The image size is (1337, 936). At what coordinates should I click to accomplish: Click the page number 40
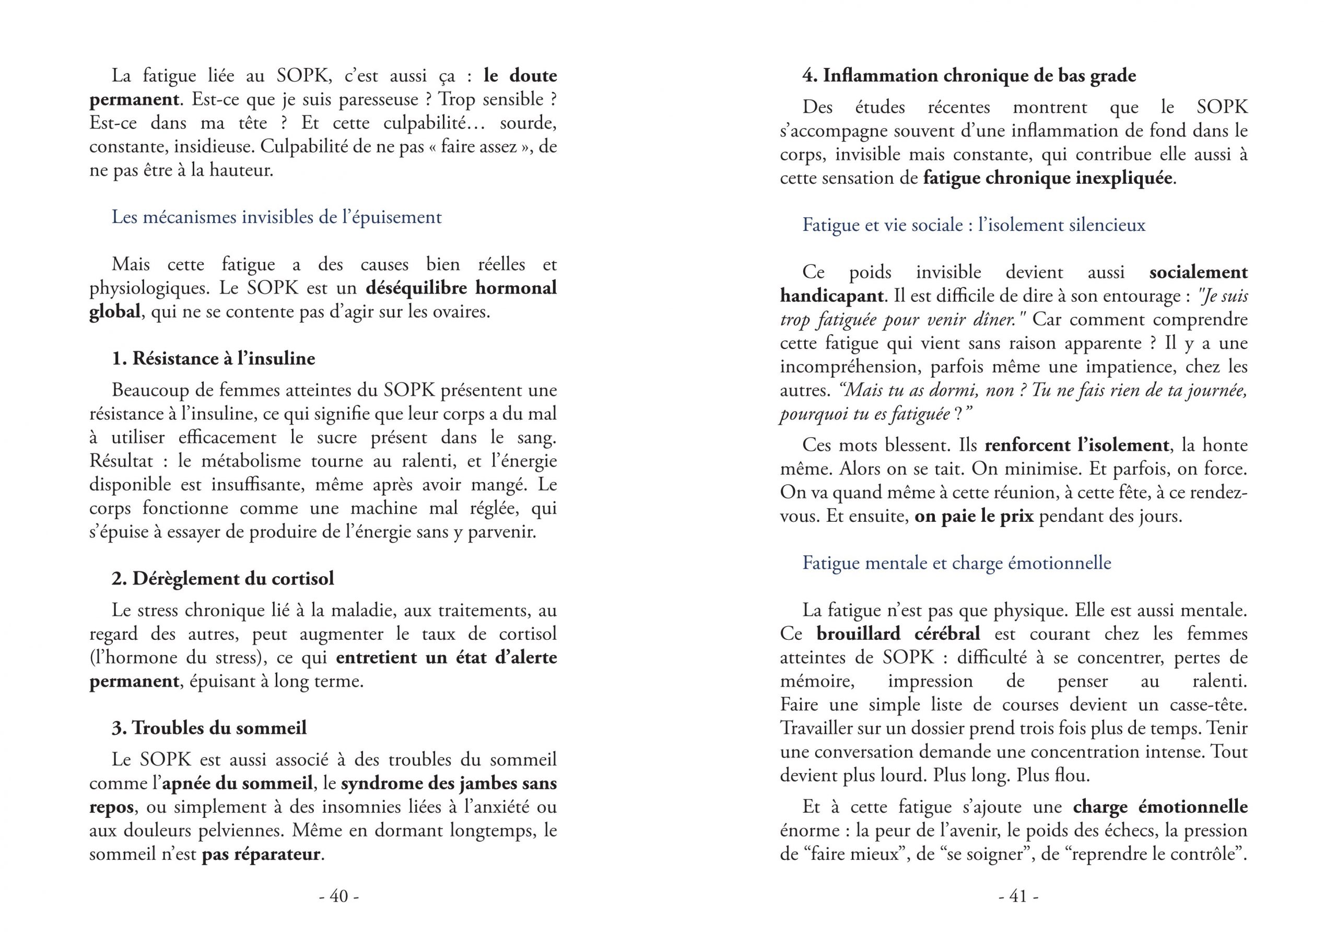pos(339,896)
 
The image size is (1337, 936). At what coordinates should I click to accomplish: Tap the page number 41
pos(1018,896)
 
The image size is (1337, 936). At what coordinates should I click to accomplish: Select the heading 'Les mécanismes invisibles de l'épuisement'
pos(277,217)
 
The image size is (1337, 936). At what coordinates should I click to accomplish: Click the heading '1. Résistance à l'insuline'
pos(213,358)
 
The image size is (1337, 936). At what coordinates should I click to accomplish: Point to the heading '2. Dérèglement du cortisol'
pos(223,578)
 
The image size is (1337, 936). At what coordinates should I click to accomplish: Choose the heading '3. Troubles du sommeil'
pos(209,728)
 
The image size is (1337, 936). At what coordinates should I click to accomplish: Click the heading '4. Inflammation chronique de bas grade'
pos(969,76)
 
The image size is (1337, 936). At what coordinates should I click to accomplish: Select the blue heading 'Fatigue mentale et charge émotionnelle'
pos(957,563)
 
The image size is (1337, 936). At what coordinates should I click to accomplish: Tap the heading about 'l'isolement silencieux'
pos(974,225)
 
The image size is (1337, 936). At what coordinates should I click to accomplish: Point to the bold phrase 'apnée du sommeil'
pos(238,783)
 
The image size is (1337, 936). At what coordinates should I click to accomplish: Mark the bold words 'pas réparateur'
pos(261,855)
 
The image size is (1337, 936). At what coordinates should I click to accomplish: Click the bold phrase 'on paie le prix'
pos(974,516)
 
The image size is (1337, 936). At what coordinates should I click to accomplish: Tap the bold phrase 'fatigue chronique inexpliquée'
pos(1048,178)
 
